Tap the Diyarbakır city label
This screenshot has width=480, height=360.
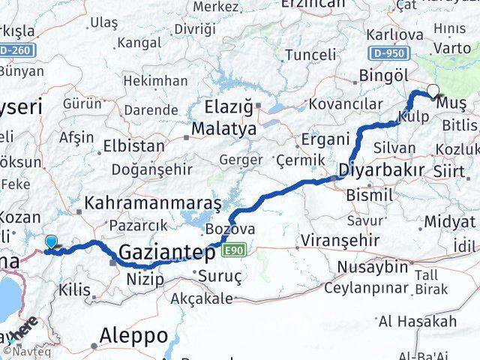(x=382, y=169)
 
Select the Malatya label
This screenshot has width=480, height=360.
(x=223, y=129)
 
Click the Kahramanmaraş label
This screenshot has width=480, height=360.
(x=153, y=203)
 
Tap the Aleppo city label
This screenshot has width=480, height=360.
(x=136, y=334)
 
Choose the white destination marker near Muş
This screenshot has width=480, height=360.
(x=433, y=91)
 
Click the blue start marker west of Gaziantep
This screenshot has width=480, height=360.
(x=50, y=242)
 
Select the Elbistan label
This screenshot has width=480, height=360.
(x=134, y=145)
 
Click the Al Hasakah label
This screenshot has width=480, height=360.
(x=417, y=322)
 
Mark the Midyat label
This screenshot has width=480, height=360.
(x=449, y=222)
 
